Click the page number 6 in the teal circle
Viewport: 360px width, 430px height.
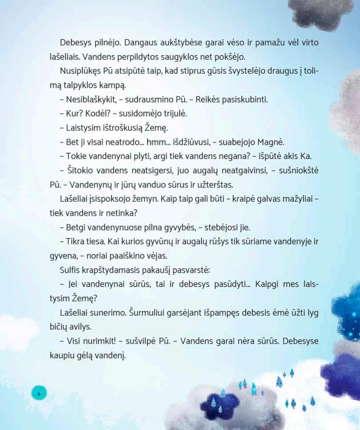point(39,393)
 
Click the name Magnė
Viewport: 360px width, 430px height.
point(272,142)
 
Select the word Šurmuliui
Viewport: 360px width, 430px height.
point(151,312)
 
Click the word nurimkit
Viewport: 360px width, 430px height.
point(98,341)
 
